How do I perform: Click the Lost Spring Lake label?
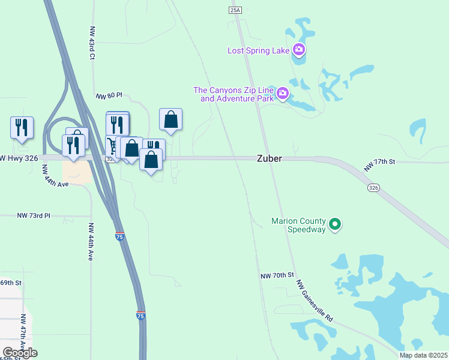259,50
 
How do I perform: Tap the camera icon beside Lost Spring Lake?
299,50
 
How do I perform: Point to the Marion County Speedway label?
298,225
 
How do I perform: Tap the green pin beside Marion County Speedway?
336,225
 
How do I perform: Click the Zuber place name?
269,159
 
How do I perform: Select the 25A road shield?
235,10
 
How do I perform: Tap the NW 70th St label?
276,275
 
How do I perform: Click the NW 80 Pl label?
109,95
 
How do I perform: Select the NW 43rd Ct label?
92,42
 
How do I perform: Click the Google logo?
20,353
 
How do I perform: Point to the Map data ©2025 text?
423,355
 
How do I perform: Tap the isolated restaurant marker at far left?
22,128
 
